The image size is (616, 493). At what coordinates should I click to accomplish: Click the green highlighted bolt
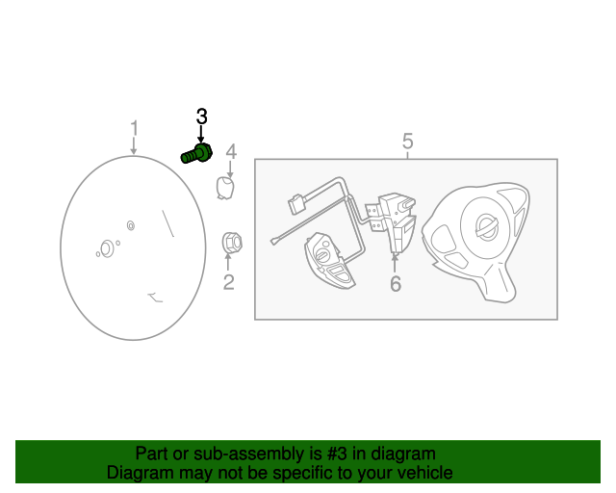point(196,154)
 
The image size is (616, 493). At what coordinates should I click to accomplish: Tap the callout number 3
point(201,117)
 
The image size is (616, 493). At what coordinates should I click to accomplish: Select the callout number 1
point(135,129)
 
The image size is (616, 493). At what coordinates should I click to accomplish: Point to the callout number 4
point(231,152)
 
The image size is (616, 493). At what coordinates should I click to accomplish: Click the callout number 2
point(229,282)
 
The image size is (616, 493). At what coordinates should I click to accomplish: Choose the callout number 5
point(408,141)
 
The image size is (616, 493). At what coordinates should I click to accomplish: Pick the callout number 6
point(396,284)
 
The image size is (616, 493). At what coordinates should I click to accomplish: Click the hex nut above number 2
point(232,243)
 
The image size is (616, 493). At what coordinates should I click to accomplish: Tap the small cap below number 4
point(225,188)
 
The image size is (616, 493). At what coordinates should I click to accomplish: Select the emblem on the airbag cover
point(487,227)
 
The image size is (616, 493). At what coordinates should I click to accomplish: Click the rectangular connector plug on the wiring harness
point(296,204)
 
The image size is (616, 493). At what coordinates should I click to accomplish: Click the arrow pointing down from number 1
point(134,145)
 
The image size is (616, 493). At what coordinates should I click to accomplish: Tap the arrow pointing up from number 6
point(394,264)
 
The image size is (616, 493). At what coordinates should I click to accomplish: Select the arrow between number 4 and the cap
point(230,169)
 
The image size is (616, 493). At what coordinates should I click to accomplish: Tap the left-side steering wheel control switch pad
point(330,261)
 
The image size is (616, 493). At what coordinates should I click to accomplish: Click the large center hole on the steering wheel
point(106,248)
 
